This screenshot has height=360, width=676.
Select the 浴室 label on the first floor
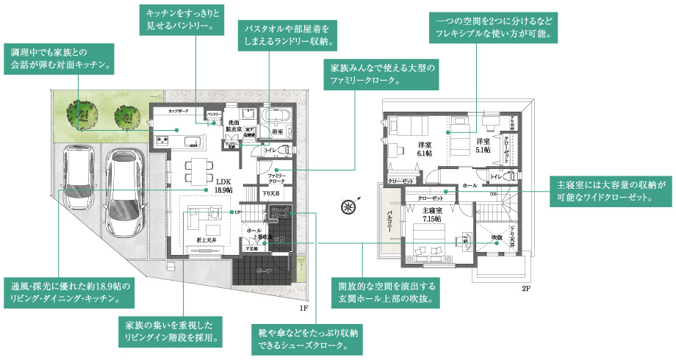pos(278,132)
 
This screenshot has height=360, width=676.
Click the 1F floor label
pos(303,300)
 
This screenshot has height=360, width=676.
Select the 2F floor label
pos(525,289)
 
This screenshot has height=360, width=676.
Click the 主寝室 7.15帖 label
pos(431,215)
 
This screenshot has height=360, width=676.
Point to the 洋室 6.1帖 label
pos(423,148)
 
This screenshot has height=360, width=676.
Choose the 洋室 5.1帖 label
pos(483,145)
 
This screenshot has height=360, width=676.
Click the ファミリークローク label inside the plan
pos(276,179)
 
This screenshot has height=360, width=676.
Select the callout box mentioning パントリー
pos(179,21)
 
